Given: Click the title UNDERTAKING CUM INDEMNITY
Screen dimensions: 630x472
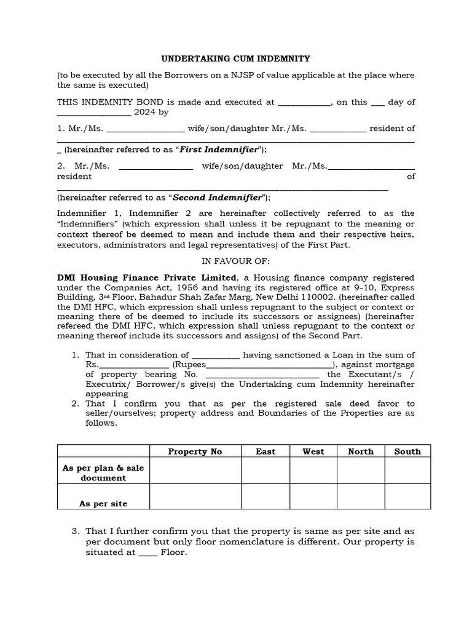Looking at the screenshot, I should pyautogui.click(x=235, y=58).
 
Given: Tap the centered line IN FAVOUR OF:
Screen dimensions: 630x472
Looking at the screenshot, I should pyautogui.click(x=235, y=261).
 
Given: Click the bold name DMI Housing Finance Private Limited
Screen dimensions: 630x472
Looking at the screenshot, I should pyautogui.click(x=146, y=277).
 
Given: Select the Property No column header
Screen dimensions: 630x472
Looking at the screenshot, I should pyautogui.click(x=195, y=452).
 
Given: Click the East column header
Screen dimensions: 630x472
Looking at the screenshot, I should pyautogui.click(x=265, y=452).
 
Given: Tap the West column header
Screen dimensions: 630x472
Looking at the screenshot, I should pyautogui.click(x=313, y=452).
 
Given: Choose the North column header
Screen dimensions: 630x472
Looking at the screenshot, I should pyautogui.click(x=360, y=452).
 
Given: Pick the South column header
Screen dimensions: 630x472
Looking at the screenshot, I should pyautogui.click(x=407, y=452).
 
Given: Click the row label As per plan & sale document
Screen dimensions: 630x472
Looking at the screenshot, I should pyautogui.click(x=103, y=472).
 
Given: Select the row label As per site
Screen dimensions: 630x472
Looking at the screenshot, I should pyautogui.click(x=103, y=503).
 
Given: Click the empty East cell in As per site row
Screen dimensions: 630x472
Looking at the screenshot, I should pyautogui.click(x=265, y=496).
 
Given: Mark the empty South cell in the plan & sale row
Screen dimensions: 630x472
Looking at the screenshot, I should pyautogui.click(x=407, y=471).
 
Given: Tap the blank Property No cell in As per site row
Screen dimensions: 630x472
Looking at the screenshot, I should pyautogui.click(x=195, y=496).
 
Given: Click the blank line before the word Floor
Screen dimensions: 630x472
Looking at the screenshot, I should pyautogui.click(x=147, y=553).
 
